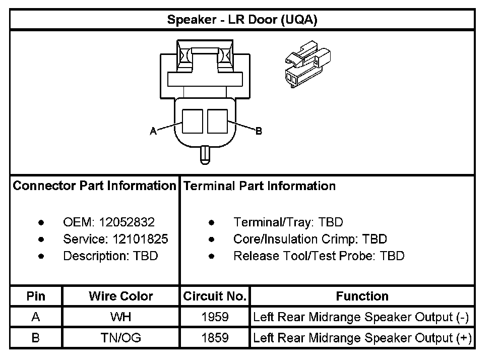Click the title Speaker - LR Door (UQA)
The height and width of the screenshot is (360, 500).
click(x=242, y=20)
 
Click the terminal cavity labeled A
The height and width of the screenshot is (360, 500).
click(x=192, y=122)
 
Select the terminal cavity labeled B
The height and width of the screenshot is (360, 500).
click(x=217, y=122)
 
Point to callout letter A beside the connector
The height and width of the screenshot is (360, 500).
click(x=153, y=131)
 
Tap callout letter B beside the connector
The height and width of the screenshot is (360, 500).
click(x=259, y=131)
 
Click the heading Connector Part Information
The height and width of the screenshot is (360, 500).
click(x=94, y=186)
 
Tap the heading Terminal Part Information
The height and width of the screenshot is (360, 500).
click(x=260, y=186)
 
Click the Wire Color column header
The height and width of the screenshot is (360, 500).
click(x=120, y=296)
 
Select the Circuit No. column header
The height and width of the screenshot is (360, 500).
click(x=215, y=296)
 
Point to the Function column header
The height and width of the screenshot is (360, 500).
click(x=362, y=296)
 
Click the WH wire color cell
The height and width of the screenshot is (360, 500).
click(x=120, y=317)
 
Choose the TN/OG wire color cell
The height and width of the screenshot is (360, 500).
click(x=120, y=337)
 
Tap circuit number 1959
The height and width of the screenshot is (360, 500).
click(x=215, y=317)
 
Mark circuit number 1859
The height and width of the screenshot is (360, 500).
click(x=215, y=337)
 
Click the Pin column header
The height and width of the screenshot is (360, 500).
click(x=36, y=296)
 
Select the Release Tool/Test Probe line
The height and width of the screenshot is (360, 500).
click(x=319, y=256)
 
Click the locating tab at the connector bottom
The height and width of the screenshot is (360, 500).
click(x=205, y=154)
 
